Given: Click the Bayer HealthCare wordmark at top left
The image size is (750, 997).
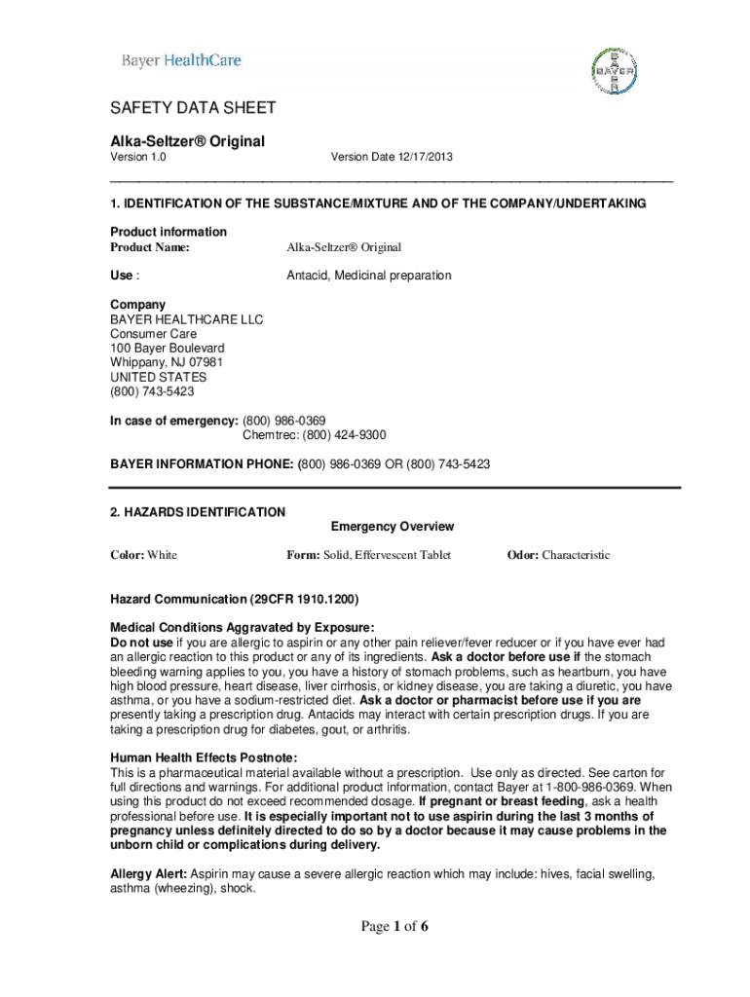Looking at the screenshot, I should click(180, 60).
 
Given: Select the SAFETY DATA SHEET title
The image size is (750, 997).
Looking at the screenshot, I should click(193, 108).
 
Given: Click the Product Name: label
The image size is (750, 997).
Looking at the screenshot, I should click(150, 247).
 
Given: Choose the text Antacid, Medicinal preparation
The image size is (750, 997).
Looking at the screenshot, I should click(368, 276).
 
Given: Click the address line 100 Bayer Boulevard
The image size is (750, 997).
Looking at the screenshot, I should click(168, 348).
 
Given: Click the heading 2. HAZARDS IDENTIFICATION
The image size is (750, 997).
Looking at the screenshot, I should click(198, 512).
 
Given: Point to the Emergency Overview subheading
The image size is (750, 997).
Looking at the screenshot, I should click(393, 527).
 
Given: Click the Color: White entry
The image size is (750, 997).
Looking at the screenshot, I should click(144, 555).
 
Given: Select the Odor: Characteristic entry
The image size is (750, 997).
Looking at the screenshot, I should click(558, 555).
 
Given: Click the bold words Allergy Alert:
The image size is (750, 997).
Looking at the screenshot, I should click(149, 874).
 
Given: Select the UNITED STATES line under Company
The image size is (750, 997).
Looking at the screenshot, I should click(158, 377).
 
